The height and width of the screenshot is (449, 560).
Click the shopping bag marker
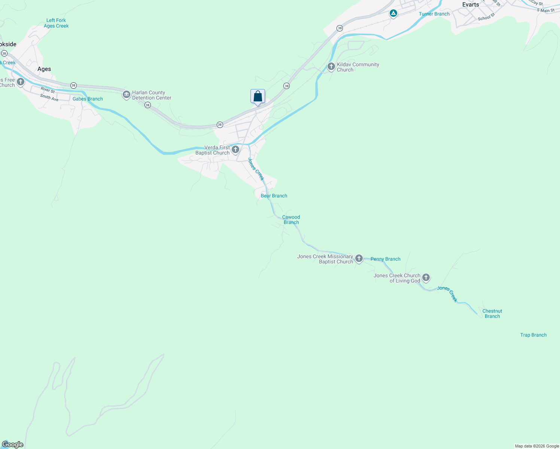[x=258, y=97]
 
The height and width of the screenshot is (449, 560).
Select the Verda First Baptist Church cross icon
[x=235, y=150]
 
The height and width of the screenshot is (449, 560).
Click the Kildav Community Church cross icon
[x=331, y=67]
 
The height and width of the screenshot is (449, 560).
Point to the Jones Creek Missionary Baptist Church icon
[x=359, y=259]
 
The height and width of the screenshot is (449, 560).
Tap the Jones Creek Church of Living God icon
[x=426, y=278]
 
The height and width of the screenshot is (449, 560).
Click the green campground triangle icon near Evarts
[x=393, y=14]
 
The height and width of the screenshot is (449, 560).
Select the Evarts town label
[x=471, y=5]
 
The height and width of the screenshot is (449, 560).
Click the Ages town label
[x=44, y=69]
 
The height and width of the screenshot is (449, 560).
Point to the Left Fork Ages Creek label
[x=56, y=23]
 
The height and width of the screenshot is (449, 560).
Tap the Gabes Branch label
[x=88, y=99]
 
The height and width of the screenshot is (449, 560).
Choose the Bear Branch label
[x=274, y=196]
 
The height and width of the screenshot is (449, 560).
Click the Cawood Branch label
[x=291, y=220]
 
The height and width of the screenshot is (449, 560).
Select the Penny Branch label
[x=385, y=259]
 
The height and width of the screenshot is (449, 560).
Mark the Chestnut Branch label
[x=492, y=314]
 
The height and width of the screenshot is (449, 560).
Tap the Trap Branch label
[x=533, y=335]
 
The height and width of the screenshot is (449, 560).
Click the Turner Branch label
[x=434, y=14]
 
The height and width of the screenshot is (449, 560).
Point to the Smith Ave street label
[x=49, y=98]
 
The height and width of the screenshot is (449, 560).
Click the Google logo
[x=13, y=445]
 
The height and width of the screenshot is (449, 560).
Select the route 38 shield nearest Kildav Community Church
[x=286, y=86]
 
